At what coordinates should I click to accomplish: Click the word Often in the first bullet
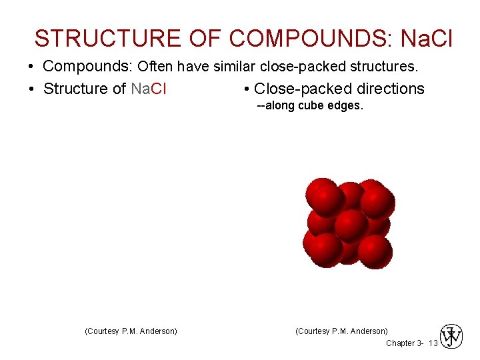[156, 67]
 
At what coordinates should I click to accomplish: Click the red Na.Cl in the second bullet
[149, 89]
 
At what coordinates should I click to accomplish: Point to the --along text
[273, 105]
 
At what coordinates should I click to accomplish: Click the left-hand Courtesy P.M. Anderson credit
[131, 331]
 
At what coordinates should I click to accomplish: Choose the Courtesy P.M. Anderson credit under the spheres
[341, 331]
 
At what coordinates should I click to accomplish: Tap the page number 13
[433, 343]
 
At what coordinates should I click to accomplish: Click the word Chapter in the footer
[401, 343]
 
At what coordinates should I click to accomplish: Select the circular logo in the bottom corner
[451, 337]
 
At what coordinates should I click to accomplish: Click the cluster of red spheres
[349, 222]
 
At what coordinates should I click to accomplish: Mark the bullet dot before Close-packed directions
[247, 89]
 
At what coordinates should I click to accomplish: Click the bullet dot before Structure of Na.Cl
[31, 89]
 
